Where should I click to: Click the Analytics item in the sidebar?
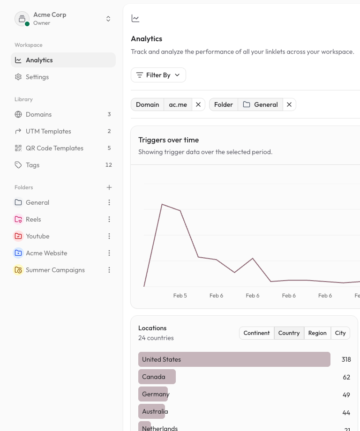39,60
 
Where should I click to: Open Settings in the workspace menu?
37,77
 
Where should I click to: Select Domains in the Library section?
38,114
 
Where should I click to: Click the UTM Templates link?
48,131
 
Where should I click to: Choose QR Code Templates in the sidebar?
54,148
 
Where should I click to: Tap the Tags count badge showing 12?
109,165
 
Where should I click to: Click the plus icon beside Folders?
109,187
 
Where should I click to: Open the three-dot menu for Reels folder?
109,219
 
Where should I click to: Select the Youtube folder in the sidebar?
37,236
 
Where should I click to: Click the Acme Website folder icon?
18,253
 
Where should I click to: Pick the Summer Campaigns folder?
55,270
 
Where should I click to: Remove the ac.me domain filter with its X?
198,104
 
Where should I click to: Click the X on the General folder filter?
289,104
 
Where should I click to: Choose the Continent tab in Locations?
256,333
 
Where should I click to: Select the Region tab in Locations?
317,333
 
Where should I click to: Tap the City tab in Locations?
340,333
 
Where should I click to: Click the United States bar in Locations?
234,359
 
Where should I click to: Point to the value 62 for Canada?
346,377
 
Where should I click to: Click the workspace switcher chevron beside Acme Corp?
108,19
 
